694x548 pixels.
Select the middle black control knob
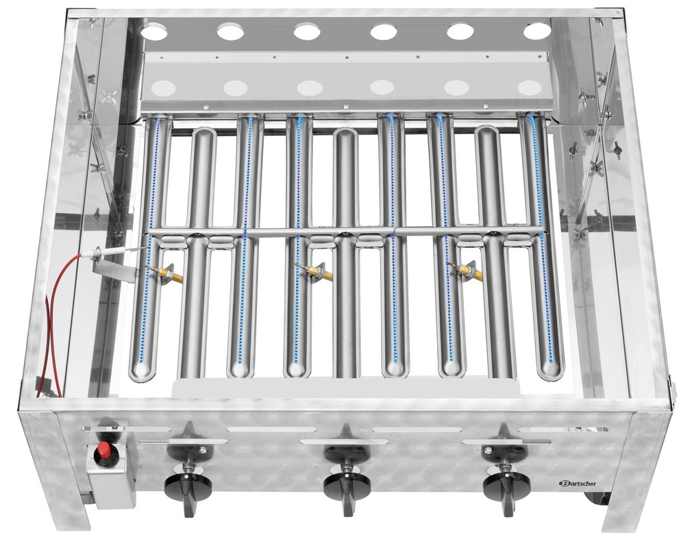[347, 487]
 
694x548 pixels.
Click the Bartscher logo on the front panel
[578, 483]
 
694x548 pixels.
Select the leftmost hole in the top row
[155, 32]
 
